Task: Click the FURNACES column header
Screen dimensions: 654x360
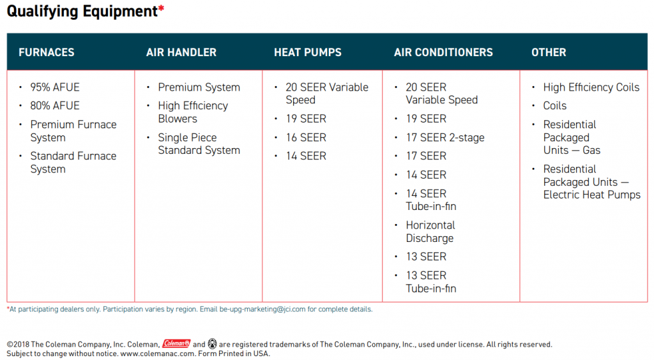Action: [46, 52]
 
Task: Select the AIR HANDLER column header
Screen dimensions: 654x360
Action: [181, 52]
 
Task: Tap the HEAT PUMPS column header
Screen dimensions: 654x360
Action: [307, 52]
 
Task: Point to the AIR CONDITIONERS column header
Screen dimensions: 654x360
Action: [443, 52]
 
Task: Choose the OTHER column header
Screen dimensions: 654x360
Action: [549, 52]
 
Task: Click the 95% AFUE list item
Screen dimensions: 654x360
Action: [55, 87]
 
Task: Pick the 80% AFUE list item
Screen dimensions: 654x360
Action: [55, 106]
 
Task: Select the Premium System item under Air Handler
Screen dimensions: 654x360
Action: [199, 87]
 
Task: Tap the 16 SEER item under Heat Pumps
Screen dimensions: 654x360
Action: [306, 137]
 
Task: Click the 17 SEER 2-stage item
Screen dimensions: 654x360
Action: [445, 137]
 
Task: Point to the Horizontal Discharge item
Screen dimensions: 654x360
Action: [430, 232]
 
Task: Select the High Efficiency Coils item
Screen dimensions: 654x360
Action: [591, 87]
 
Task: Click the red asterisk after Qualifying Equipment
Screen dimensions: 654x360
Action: [161, 8]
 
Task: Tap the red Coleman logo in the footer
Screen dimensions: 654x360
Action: [176, 343]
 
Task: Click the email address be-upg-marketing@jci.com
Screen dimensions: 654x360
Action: [262, 309]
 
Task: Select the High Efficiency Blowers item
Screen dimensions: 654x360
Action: [193, 112]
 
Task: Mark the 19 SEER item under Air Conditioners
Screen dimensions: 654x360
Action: [426, 119]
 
